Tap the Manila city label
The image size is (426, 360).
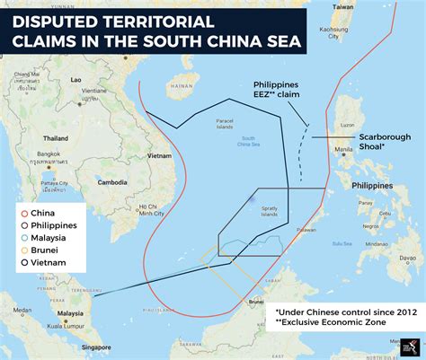342,150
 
